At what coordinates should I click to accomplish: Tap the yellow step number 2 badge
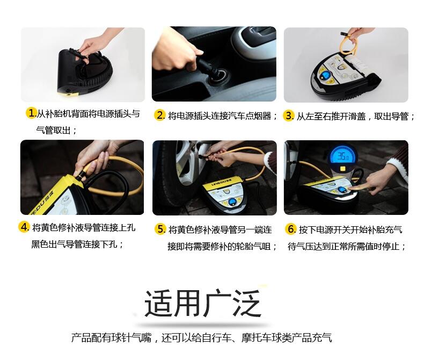(159, 115)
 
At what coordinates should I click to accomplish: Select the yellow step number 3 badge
(288, 116)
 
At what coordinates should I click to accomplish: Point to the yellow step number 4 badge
(24, 227)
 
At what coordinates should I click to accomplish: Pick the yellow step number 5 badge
(160, 229)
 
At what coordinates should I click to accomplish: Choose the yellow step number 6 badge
(290, 229)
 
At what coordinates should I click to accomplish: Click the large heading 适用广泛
(203, 304)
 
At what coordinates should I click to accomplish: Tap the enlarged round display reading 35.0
(342, 157)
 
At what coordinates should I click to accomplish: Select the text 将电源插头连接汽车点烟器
(220, 116)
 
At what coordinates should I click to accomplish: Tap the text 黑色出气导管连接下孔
(74, 244)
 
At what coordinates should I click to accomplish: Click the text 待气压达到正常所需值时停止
(343, 246)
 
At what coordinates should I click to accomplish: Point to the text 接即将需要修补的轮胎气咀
(219, 246)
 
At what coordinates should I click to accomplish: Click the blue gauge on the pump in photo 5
(232, 201)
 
